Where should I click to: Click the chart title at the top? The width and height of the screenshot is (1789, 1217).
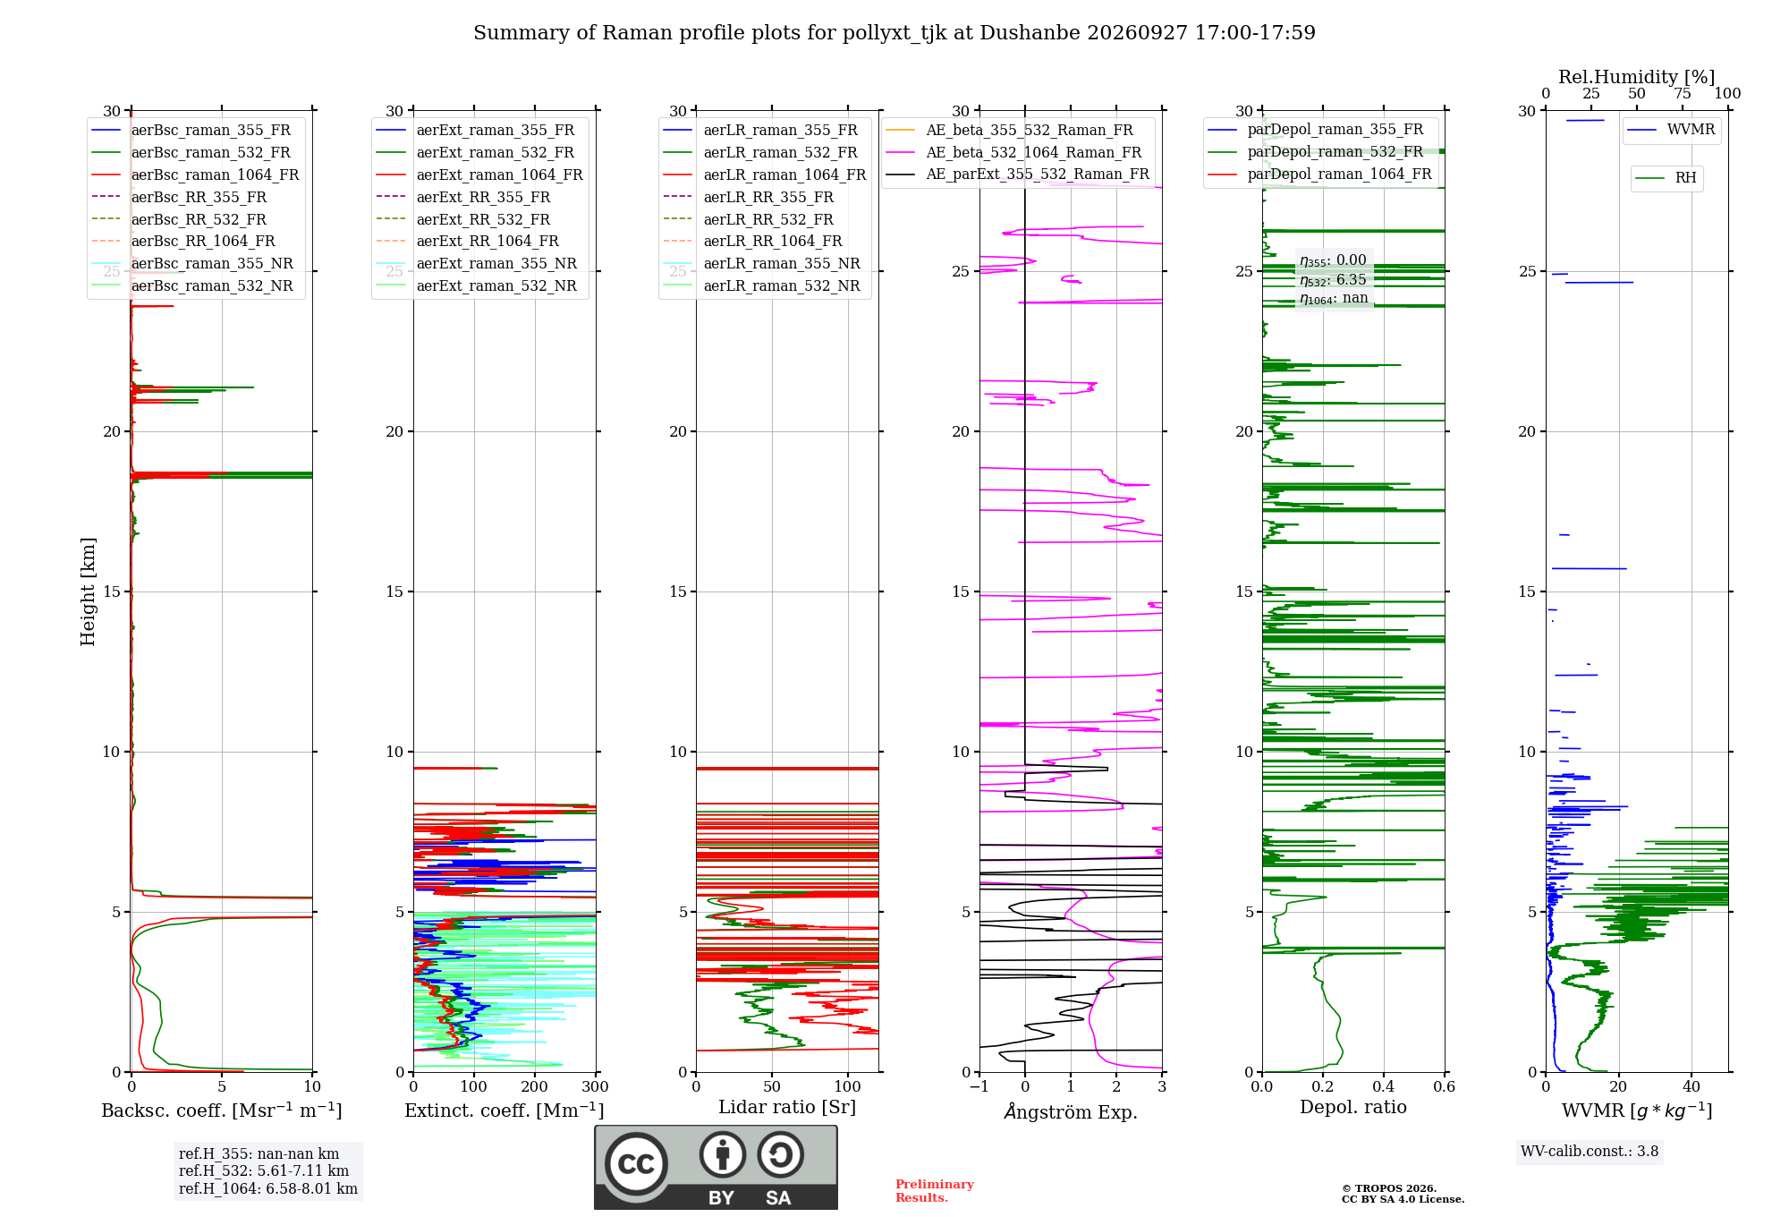pyautogui.click(x=894, y=33)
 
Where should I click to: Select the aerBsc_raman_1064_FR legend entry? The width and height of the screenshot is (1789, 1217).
pyautogui.click(x=195, y=174)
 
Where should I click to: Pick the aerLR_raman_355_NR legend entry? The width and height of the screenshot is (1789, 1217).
pyautogui.click(x=761, y=263)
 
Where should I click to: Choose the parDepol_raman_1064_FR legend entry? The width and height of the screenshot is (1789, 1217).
pyautogui.click(x=1319, y=174)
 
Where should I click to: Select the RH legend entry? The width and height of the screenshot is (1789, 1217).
pyautogui.click(x=1666, y=178)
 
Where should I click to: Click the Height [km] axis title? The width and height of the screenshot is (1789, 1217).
pyautogui.click(x=88, y=591)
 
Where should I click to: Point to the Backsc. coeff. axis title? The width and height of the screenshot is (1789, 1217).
pyautogui.click(x=222, y=1111)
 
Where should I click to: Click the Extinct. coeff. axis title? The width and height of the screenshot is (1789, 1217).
pyautogui.click(x=504, y=1111)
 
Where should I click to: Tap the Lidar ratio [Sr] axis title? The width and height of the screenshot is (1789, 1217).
pyautogui.click(x=787, y=1107)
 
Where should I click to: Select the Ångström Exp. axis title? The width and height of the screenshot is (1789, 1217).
pyautogui.click(x=1071, y=1111)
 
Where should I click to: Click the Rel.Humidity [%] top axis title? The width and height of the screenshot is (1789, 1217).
pyautogui.click(x=1637, y=77)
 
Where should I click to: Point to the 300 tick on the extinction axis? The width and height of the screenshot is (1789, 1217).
pyautogui.click(x=596, y=1086)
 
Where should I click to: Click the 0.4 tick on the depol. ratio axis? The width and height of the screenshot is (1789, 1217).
pyautogui.click(x=1384, y=1086)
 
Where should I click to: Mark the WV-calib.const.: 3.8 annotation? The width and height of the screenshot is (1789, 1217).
pyautogui.click(x=1590, y=1152)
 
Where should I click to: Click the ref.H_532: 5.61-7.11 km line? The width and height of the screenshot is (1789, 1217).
pyautogui.click(x=264, y=1170)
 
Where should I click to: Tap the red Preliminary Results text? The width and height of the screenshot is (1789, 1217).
pyautogui.click(x=935, y=1191)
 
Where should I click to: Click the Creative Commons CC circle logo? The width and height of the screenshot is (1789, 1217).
pyautogui.click(x=636, y=1164)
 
